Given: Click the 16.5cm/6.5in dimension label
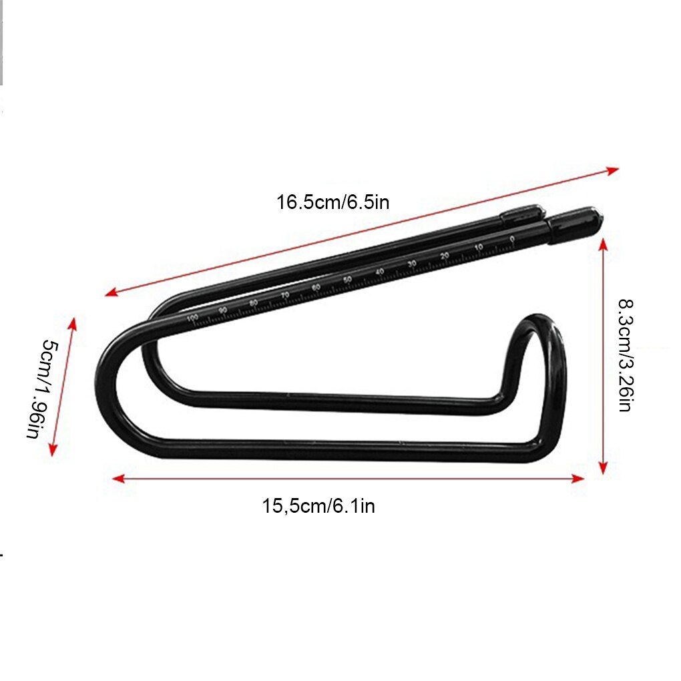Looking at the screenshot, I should (x=332, y=202).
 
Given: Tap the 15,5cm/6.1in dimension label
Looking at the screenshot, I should (x=318, y=506).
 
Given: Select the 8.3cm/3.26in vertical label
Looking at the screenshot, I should (x=625, y=355).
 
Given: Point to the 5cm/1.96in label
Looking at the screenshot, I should (x=42, y=389).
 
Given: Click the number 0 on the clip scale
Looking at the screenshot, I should (x=512, y=239).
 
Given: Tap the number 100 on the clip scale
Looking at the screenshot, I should (x=192, y=318).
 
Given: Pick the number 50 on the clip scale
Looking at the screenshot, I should (x=347, y=279).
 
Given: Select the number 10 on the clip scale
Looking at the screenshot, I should (x=479, y=248).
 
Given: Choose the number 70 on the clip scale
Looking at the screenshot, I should (x=285, y=294).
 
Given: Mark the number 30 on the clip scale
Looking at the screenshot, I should (x=412, y=264).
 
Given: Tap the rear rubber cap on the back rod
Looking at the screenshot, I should (x=523, y=213).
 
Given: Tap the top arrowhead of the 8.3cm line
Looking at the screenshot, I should (x=604, y=245).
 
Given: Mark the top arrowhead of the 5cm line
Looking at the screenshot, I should (x=72, y=324).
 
